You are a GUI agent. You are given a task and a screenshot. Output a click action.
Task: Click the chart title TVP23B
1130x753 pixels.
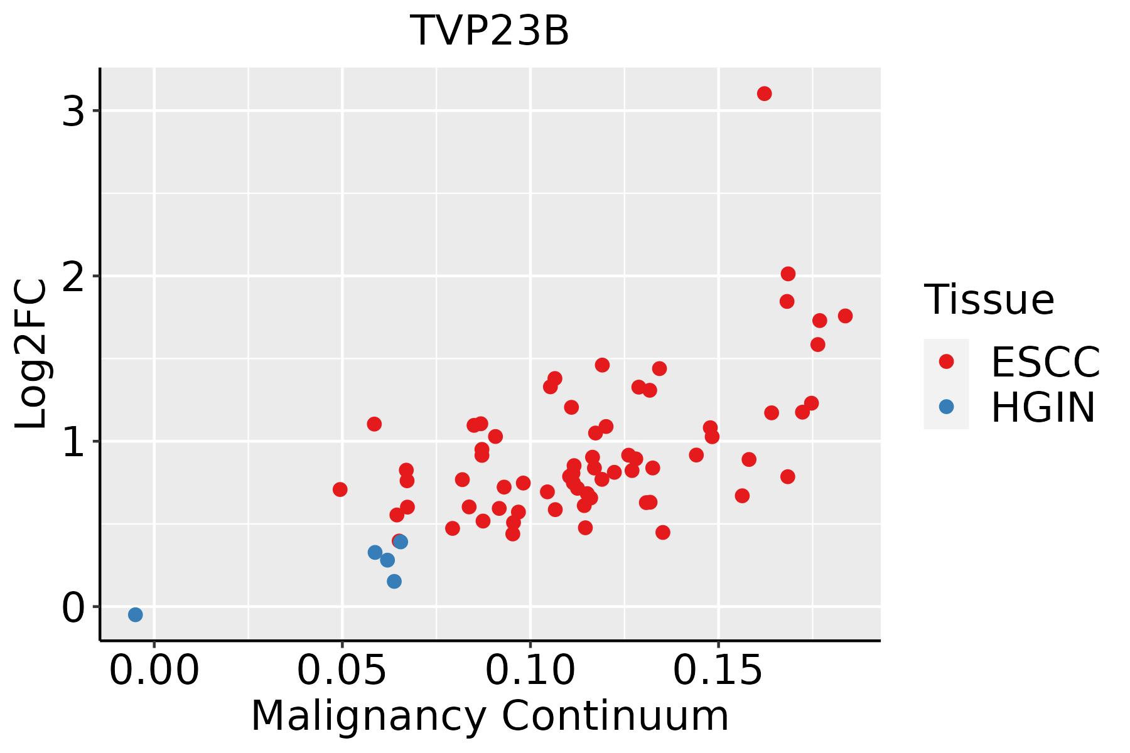(490, 31)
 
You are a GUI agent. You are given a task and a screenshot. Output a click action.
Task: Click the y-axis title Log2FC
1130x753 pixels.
(31, 355)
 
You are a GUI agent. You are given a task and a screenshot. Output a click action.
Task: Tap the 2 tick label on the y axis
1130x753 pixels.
(73, 276)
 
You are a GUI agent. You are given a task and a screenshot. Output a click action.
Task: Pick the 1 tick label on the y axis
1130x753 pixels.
(73, 442)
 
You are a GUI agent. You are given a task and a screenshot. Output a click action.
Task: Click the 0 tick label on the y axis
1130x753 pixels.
(73, 607)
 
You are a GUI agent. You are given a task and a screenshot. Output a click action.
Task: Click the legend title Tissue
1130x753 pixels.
(989, 300)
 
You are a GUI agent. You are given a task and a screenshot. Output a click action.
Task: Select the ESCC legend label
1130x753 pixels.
(1045, 362)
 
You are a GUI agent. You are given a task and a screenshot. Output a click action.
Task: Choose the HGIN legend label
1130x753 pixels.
(1043, 407)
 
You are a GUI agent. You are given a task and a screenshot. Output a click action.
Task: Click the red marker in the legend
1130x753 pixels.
(946, 361)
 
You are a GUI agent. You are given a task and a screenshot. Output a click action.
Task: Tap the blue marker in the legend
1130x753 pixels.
(946, 407)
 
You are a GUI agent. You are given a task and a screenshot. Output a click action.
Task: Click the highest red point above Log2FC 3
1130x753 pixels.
(764, 93)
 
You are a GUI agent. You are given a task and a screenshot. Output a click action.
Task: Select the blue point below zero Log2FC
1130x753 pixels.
(135, 614)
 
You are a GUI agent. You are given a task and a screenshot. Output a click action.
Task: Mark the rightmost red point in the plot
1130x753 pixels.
(845, 316)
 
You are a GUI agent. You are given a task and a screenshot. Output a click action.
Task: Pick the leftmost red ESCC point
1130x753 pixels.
(340, 489)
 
